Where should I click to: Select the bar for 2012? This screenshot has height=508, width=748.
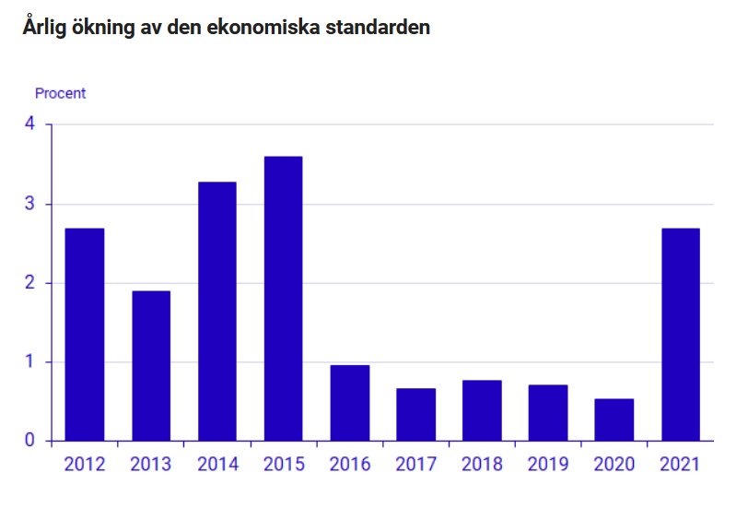click(x=85, y=334)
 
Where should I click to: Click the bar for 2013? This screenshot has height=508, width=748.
click(x=151, y=365)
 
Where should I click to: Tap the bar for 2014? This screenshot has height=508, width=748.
click(x=217, y=311)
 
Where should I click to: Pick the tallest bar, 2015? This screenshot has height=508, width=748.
click(x=284, y=298)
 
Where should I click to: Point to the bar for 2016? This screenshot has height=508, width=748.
click(x=350, y=403)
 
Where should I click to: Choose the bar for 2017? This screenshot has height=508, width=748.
click(x=416, y=414)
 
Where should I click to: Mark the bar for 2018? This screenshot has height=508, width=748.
click(x=482, y=410)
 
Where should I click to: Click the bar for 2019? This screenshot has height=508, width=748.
click(x=548, y=412)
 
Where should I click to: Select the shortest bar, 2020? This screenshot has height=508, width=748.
click(x=614, y=419)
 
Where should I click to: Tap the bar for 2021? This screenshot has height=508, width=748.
click(x=681, y=334)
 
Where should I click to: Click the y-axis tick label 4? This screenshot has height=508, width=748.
click(x=29, y=124)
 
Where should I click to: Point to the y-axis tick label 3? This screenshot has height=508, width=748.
click(x=29, y=204)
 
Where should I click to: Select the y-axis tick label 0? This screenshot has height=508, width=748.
click(x=29, y=441)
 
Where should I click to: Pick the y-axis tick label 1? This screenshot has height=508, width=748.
click(x=29, y=361)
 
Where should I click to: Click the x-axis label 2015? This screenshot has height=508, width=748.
click(x=284, y=464)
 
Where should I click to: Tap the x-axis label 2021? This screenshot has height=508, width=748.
click(x=681, y=464)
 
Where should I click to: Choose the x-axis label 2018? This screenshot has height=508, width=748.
click(x=482, y=464)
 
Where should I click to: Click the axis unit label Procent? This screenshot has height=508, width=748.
click(x=60, y=93)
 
